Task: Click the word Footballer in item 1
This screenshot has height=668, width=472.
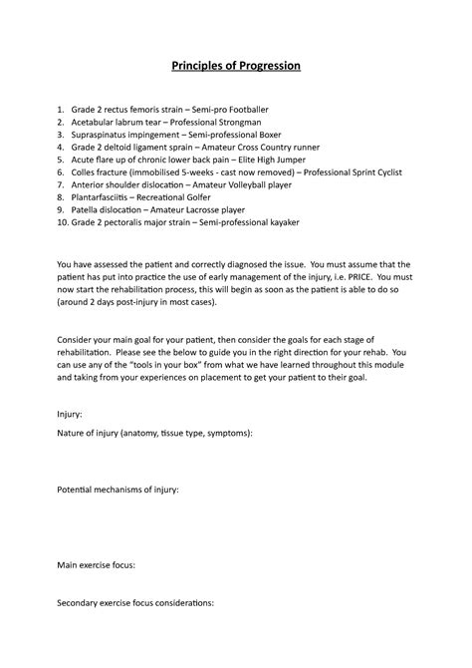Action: pos(271,107)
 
